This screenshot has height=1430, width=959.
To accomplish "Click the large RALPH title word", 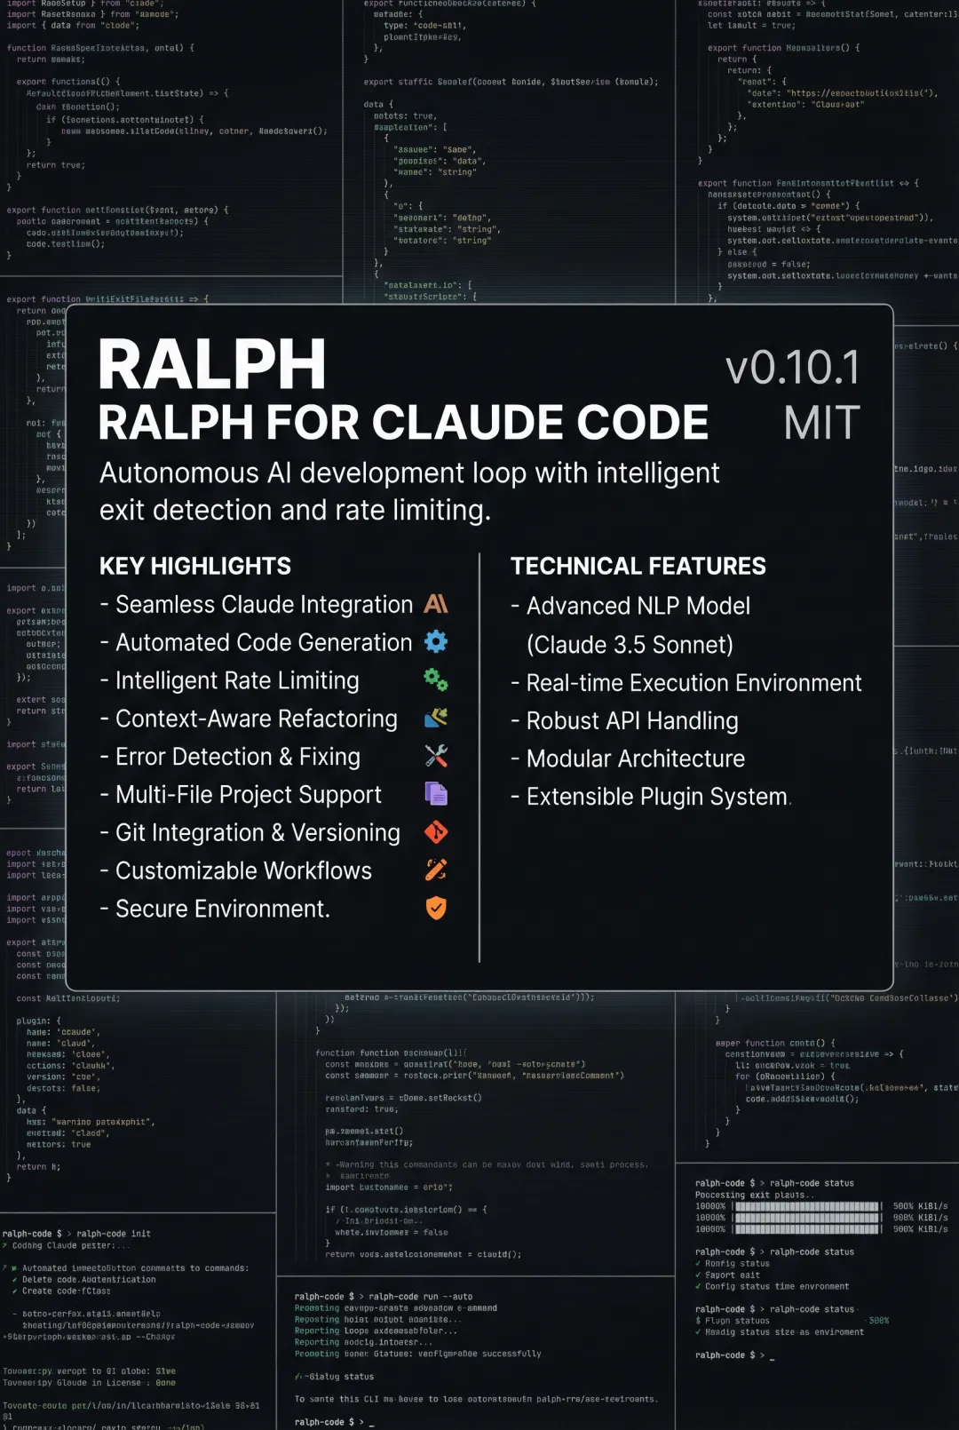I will (212, 365).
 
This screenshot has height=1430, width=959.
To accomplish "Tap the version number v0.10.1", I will (793, 368).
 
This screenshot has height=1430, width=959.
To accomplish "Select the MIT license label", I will (821, 423).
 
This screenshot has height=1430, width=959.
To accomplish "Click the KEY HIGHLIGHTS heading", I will (195, 566).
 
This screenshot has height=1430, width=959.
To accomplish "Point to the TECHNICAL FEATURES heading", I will (638, 566).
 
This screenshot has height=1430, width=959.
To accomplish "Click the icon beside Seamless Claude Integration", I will (436, 604).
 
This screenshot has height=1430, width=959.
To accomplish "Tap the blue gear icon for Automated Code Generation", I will (436, 641).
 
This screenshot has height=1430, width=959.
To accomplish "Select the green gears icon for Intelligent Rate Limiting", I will (436, 680).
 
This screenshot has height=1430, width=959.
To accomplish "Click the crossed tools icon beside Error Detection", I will (436, 756).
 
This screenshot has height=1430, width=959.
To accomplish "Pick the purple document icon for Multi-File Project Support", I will (436, 793).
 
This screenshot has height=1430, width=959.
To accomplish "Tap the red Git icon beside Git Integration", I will (436, 832).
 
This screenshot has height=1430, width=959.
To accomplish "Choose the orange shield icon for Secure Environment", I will (436, 908).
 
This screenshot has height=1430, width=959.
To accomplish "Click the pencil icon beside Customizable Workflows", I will (436, 870).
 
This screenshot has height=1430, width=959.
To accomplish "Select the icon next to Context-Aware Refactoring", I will (436, 718).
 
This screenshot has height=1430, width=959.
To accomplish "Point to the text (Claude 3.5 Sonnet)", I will (630, 645).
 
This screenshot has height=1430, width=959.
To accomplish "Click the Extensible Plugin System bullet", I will (657, 797).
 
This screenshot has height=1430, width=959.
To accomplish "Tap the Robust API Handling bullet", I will (632, 721).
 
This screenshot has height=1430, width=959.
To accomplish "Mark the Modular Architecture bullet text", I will (636, 759).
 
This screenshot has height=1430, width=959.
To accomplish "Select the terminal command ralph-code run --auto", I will (421, 1297).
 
